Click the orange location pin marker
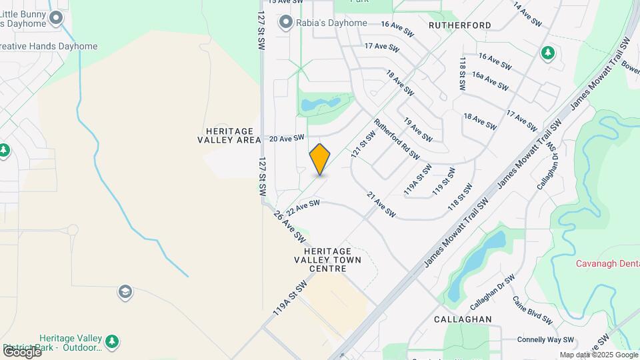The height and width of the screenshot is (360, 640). (x=320, y=159)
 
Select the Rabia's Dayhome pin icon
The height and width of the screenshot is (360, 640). (x=287, y=23)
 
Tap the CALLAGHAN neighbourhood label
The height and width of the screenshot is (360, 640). (x=462, y=319)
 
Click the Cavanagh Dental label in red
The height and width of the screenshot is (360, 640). (x=608, y=263)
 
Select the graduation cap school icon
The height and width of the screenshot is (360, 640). (x=124, y=291)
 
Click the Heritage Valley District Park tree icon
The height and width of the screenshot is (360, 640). (x=113, y=342)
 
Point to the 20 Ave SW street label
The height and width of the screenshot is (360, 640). (x=286, y=138)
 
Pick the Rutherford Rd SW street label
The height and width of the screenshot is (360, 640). (x=397, y=139)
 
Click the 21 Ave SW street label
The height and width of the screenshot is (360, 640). (x=382, y=204)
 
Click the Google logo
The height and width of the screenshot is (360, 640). (x=22, y=351)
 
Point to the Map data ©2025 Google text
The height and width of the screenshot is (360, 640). (x=598, y=355)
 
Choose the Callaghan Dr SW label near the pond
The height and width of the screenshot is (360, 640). (x=493, y=292)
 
